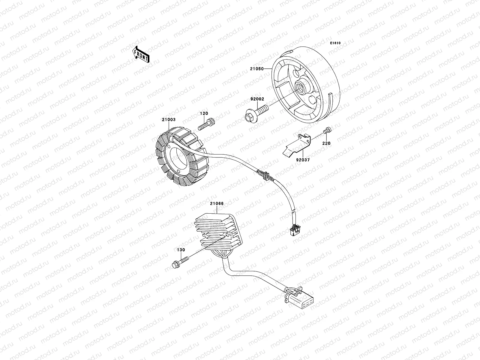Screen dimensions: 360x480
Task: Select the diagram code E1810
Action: (335, 43)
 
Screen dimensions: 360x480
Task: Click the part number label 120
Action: (204, 114)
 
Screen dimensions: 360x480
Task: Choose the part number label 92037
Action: (303, 160)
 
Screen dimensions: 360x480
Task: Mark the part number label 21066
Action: (217, 204)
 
